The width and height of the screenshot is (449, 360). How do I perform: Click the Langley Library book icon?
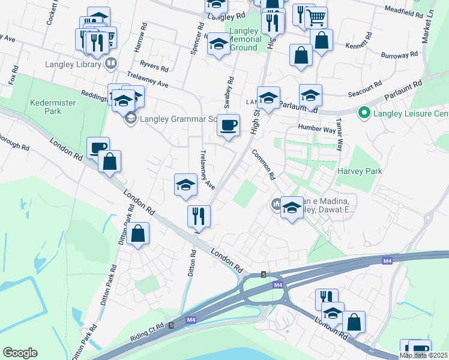pyautogui.click(x=111, y=63)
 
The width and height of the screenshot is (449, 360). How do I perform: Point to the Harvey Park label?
pyautogui.click(x=359, y=171)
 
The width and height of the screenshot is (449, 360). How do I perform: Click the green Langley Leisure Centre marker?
pyautogui.click(x=363, y=113)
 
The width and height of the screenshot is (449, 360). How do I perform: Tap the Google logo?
pyautogui.click(x=20, y=352)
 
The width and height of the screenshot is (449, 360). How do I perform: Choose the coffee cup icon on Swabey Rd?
pyautogui.click(x=228, y=125)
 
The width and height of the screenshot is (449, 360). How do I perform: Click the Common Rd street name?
pyautogui.click(x=263, y=165)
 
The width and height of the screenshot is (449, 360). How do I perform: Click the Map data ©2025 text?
pyautogui.click(x=424, y=355)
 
